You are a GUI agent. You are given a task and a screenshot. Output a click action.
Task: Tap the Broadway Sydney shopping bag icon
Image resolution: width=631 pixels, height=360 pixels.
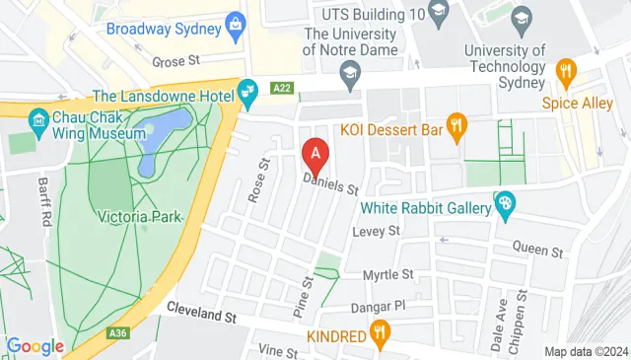[235, 27]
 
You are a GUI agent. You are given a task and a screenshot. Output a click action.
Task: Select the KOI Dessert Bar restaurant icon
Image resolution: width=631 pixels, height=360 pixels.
[456, 125]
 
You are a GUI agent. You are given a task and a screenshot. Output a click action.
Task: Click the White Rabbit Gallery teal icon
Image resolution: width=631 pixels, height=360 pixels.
[505, 205]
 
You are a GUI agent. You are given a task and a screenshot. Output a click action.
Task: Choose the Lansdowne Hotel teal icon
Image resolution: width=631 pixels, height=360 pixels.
[247, 95]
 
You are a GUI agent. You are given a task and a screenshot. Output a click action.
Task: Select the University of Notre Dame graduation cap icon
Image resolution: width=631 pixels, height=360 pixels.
[348, 72]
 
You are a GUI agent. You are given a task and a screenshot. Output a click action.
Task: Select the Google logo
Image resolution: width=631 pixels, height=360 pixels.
[35, 346]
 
